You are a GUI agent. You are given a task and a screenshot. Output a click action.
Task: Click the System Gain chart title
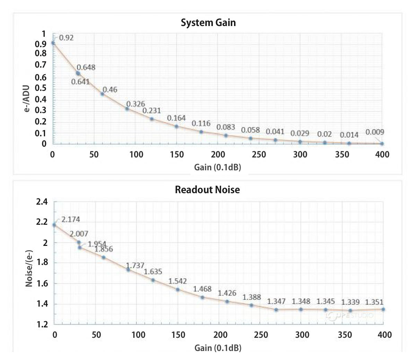208,23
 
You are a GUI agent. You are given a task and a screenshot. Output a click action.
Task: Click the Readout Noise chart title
207,190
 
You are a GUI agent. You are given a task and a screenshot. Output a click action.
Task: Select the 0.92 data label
66,38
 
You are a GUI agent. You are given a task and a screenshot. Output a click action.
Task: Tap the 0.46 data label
110,89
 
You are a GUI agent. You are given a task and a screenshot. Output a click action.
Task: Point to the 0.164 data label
176,118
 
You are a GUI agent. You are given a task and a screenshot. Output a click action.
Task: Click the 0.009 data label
375,132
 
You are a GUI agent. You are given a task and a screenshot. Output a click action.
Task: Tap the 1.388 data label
251,297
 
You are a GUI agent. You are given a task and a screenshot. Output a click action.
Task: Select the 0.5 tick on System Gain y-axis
41,88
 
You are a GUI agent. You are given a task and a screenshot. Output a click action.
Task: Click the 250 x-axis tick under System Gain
259,155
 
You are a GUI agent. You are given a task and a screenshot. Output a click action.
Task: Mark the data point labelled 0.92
53,43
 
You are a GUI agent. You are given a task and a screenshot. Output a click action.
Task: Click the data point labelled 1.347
276,309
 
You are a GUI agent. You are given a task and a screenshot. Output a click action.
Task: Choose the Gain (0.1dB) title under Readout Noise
218,348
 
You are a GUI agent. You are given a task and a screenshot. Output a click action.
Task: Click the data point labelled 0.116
201,132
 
